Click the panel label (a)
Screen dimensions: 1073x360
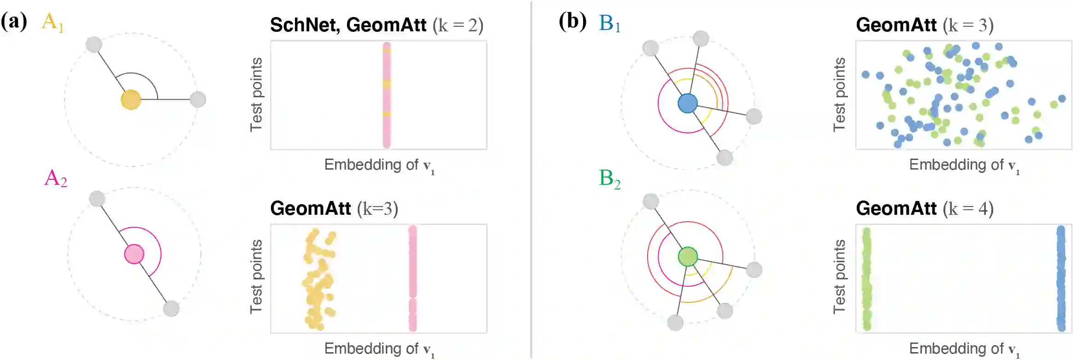click(14, 21)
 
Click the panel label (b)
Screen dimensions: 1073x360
click(572, 21)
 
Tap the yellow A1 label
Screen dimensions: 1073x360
click(52, 22)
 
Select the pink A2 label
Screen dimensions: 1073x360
click(55, 178)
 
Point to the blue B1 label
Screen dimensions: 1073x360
click(609, 23)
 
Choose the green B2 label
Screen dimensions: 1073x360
click(609, 178)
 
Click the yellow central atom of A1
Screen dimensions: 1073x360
click(131, 100)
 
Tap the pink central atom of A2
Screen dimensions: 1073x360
click(134, 254)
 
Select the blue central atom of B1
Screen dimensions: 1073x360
click(688, 103)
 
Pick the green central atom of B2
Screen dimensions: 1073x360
click(688, 257)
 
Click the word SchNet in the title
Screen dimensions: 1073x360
click(304, 25)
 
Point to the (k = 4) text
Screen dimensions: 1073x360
click(968, 209)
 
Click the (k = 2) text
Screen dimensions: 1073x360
click(458, 25)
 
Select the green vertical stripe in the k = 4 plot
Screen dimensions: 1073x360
click(867, 278)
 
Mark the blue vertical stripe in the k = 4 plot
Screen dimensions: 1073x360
click(1061, 278)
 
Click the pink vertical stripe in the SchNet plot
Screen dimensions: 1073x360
click(387, 95)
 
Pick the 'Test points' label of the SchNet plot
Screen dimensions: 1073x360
click(256, 94)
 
